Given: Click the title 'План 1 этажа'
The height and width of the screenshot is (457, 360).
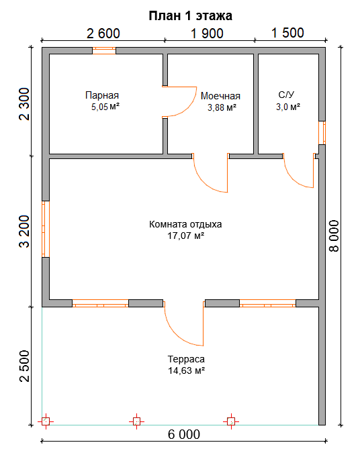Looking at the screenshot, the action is click(x=190, y=15).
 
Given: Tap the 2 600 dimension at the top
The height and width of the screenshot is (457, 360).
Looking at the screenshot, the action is click(x=103, y=34).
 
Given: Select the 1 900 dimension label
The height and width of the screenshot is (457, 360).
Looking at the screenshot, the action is click(x=207, y=34).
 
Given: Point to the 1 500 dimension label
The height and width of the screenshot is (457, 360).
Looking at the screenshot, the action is click(x=287, y=33).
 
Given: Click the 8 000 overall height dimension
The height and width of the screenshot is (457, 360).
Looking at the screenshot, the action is click(x=334, y=236).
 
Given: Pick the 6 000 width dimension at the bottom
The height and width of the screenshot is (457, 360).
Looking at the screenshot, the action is click(x=184, y=435).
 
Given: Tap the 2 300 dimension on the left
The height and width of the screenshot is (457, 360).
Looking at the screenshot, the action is click(x=24, y=104).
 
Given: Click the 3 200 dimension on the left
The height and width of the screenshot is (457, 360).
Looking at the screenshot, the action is click(x=24, y=232).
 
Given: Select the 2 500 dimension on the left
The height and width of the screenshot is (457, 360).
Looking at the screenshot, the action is click(x=24, y=366).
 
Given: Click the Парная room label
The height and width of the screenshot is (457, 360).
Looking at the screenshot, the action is click(x=102, y=95).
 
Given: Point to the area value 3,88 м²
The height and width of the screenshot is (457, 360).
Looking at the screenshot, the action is click(x=222, y=107).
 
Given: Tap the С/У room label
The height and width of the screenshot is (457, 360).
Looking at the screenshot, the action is click(x=286, y=95).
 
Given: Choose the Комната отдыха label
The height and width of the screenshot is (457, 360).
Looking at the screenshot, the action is click(x=185, y=224).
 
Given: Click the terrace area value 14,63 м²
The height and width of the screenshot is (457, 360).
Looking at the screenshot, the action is click(x=186, y=370).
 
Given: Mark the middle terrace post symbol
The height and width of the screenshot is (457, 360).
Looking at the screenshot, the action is click(x=136, y=421).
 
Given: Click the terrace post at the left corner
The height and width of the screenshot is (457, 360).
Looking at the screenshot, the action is click(x=46, y=421).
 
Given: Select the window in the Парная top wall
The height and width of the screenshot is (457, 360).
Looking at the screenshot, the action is click(x=104, y=51).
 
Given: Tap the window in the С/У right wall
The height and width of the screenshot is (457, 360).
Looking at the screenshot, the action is click(x=322, y=133).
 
